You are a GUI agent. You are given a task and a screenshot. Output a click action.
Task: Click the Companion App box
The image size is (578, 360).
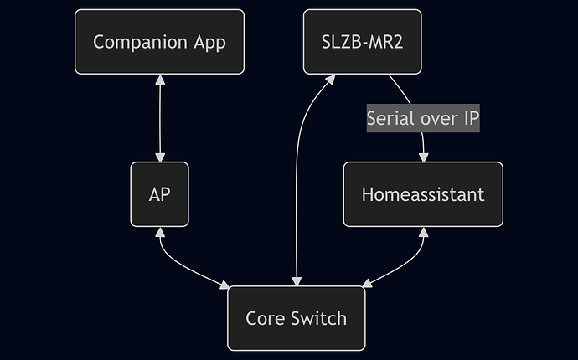(159, 42)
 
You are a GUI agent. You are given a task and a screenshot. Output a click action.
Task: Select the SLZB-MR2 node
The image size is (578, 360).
(362, 42)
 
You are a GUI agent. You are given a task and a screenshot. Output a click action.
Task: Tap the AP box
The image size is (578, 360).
(159, 194)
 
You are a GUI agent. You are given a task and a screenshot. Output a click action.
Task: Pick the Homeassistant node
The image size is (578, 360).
(422, 194)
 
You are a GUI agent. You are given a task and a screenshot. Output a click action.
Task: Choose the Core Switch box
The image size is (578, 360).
(296, 318)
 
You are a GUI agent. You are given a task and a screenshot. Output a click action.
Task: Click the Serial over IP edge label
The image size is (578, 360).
(422, 118)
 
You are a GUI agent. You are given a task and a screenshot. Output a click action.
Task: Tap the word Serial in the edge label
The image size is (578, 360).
(390, 118)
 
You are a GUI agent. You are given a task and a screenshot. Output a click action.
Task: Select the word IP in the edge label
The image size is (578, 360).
(469, 118)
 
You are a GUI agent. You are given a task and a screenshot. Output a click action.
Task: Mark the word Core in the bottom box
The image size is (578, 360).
(264, 318)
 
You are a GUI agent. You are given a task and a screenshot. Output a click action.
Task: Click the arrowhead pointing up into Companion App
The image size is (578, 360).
(159, 79)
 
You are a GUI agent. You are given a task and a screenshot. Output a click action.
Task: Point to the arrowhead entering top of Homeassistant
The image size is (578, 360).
(423, 157)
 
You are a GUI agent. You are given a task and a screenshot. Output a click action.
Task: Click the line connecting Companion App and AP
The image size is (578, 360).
(159, 118)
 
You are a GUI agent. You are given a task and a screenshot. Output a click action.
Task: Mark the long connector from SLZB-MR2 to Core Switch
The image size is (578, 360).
(297, 184)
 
